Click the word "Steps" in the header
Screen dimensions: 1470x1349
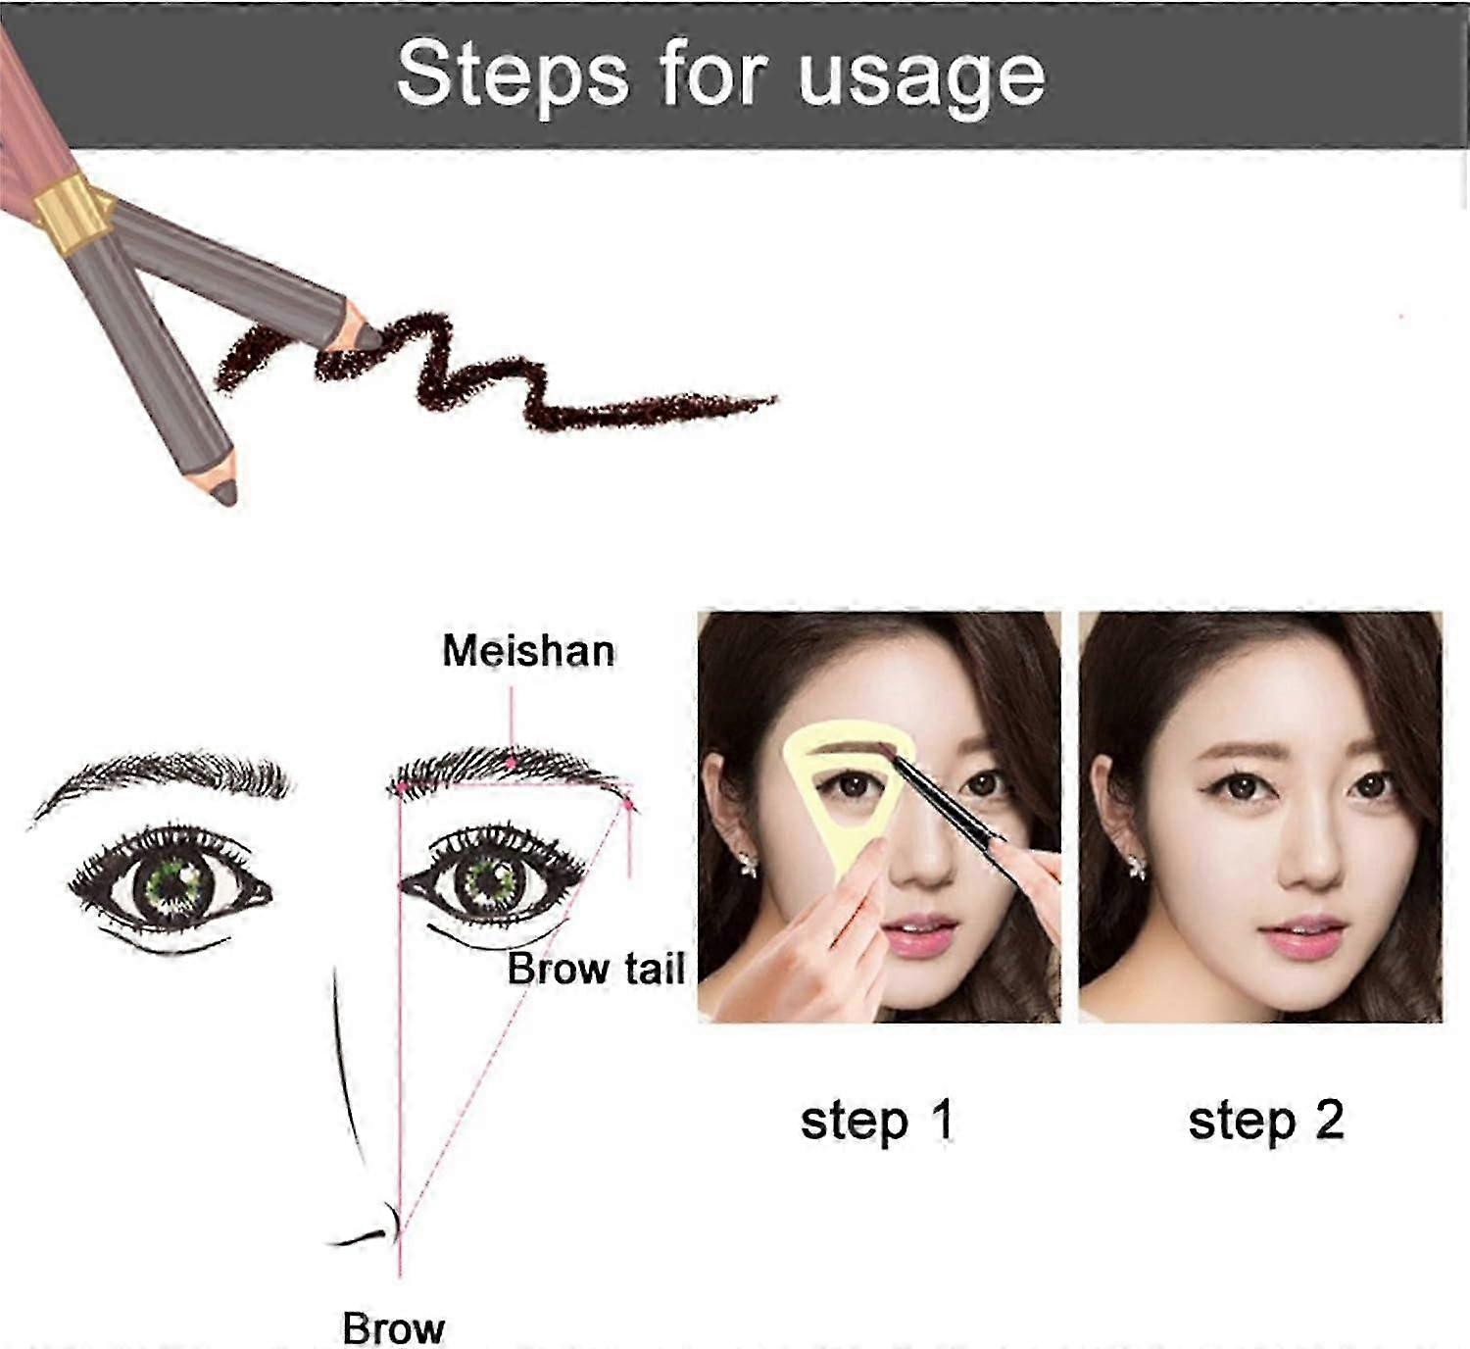(x=513, y=75)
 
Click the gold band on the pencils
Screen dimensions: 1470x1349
(x=71, y=214)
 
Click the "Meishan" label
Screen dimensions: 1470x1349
(x=528, y=651)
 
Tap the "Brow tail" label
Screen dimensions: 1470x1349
(x=596, y=970)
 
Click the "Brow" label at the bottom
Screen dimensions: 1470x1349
(x=394, y=1328)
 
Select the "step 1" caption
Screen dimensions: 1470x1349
(x=876, y=1121)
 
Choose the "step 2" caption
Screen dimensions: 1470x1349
(x=1266, y=1121)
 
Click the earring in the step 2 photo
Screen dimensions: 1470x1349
(x=1137, y=866)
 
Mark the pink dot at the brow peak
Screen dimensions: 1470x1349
(x=511, y=763)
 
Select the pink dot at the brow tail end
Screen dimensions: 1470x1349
(x=628, y=805)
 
